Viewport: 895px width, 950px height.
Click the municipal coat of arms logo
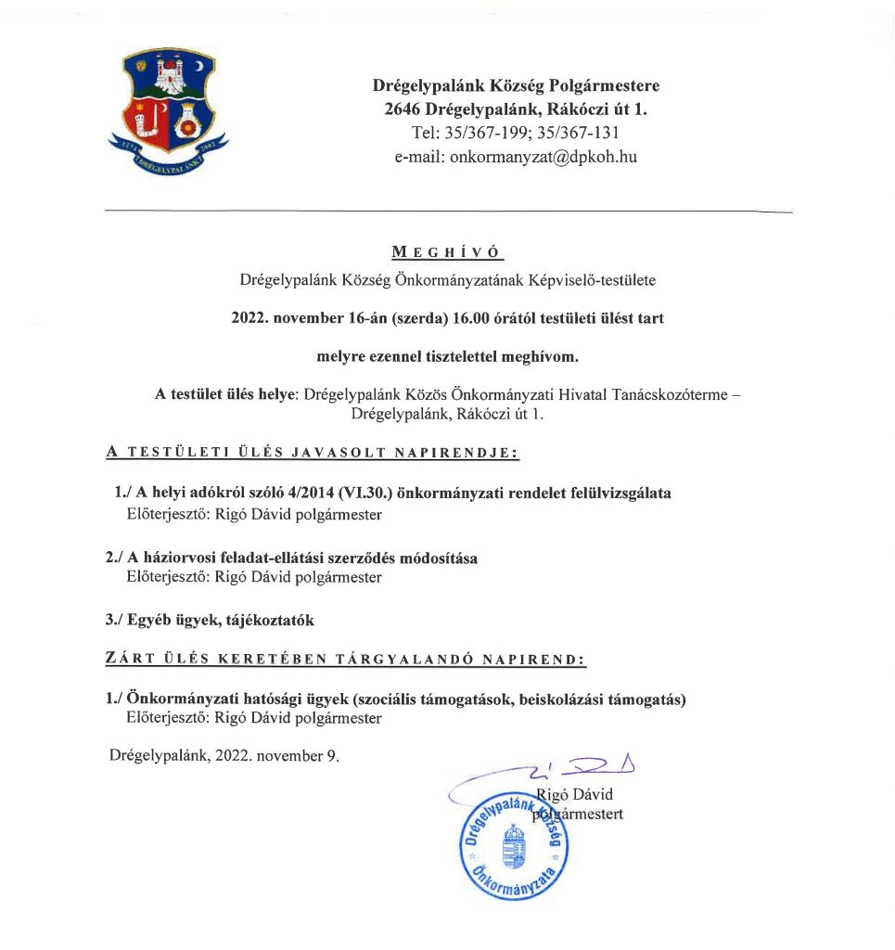(x=168, y=112)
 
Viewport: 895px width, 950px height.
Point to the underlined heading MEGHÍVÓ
(x=446, y=252)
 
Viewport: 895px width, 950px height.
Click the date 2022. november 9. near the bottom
(x=276, y=755)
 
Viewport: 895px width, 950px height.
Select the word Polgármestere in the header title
(x=610, y=86)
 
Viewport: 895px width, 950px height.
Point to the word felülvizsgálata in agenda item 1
(x=619, y=494)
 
